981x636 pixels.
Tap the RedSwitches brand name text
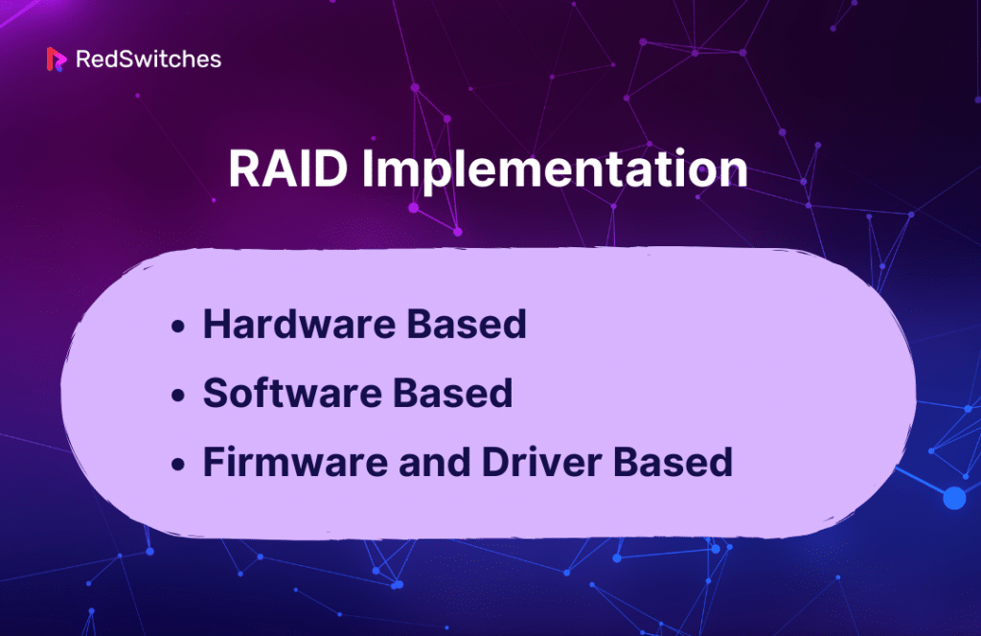[x=148, y=59]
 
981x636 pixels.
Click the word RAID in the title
[x=286, y=170]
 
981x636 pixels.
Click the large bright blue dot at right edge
[x=954, y=497]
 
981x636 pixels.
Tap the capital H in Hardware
[x=217, y=326]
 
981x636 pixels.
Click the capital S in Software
[x=216, y=395]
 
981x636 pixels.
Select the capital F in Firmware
[x=215, y=464]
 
